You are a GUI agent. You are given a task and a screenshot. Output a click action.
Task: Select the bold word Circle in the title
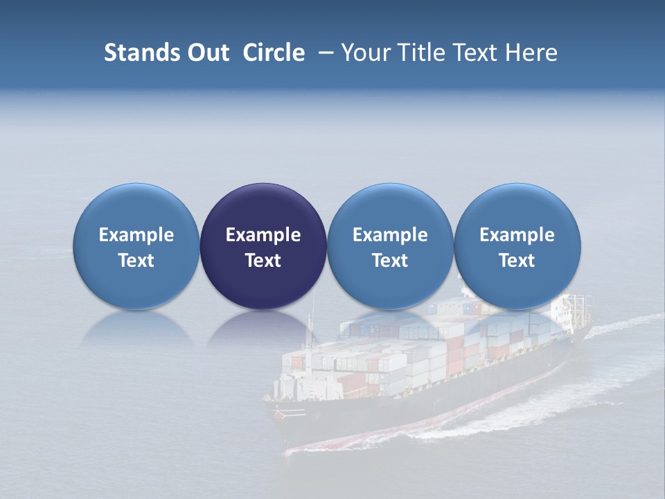(x=274, y=53)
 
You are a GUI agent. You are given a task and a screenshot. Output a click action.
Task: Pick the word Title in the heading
(x=420, y=53)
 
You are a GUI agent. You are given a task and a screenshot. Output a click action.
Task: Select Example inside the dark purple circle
(x=263, y=235)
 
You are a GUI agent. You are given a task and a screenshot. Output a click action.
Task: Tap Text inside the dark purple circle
(x=263, y=261)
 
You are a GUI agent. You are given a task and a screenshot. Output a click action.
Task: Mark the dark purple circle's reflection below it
(x=263, y=329)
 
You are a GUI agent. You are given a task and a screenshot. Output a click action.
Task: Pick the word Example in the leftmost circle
(x=136, y=235)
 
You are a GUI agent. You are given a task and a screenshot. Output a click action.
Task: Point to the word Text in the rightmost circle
(x=517, y=261)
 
